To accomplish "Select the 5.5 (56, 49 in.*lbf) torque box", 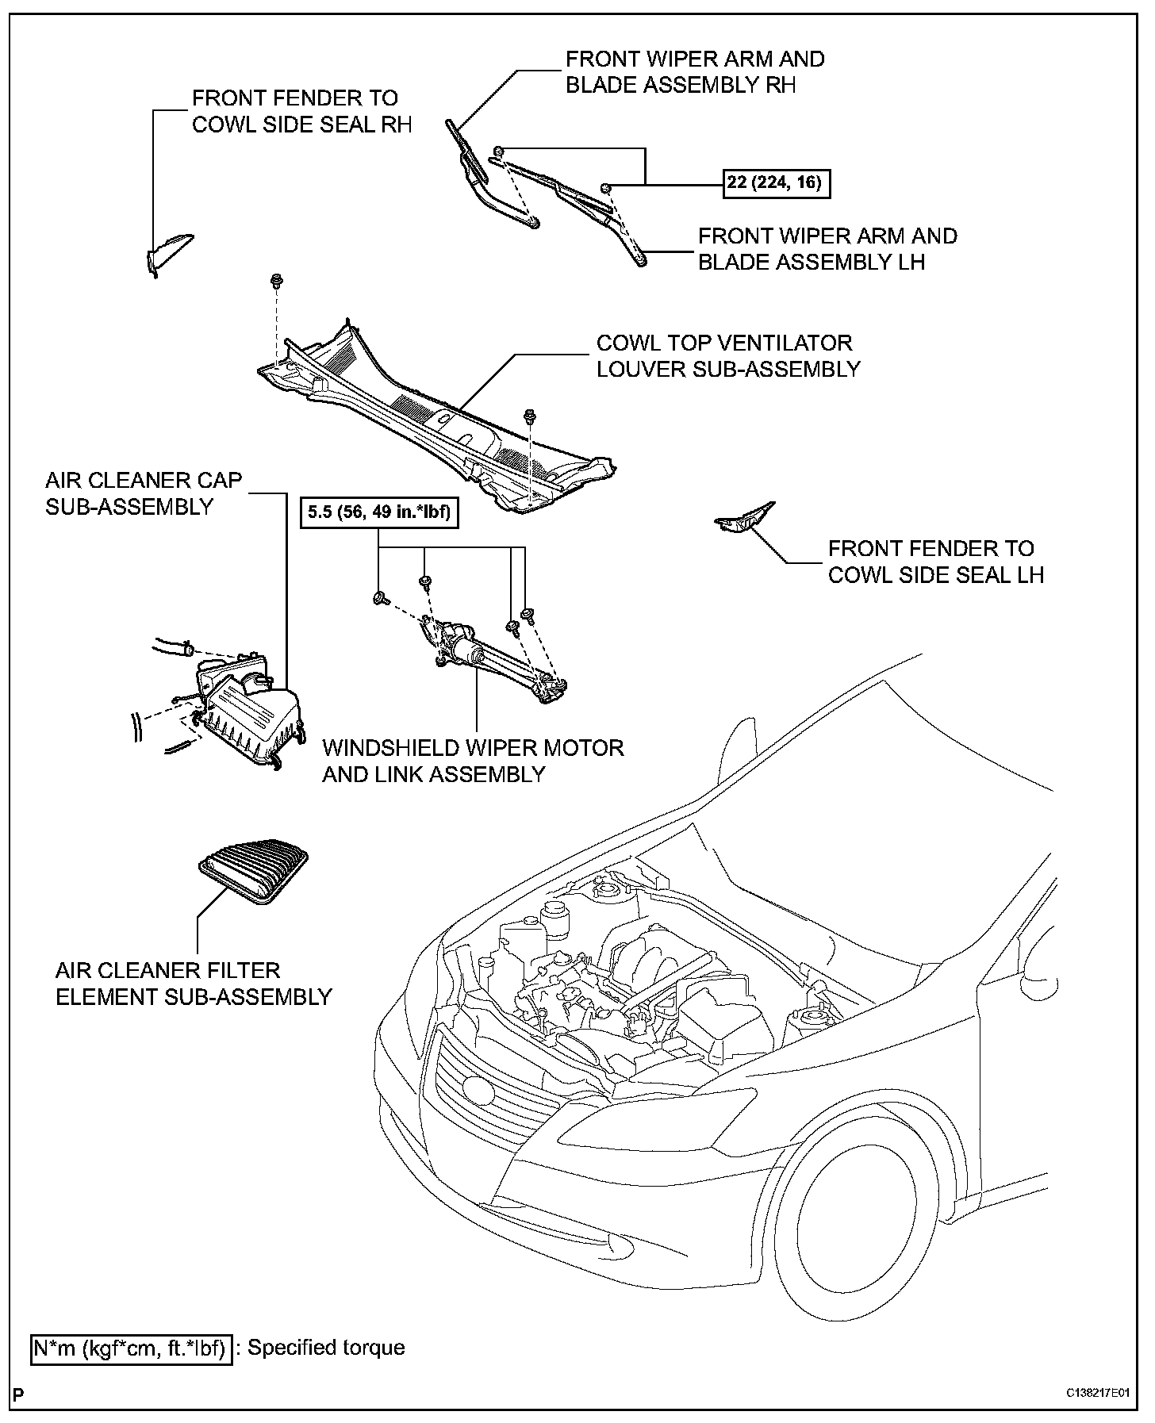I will pyautogui.click(x=378, y=512).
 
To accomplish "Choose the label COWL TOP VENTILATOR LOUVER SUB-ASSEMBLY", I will pyautogui.click(x=727, y=356).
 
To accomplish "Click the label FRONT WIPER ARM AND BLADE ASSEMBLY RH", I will pyautogui.click(x=695, y=72).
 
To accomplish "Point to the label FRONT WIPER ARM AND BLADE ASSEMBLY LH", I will pyautogui.click(x=827, y=249).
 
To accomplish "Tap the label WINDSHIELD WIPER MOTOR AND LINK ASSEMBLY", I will pyautogui.click(x=473, y=761).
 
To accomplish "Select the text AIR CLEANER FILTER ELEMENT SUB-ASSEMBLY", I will pyautogui.click(x=193, y=984).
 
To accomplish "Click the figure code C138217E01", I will pyautogui.click(x=1098, y=1393).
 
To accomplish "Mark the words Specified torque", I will pyautogui.click(x=326, y=1348).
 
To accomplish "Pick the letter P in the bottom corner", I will pyautogui.click(x=18, y=1394).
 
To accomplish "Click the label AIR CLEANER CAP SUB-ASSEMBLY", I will pyautogui.click(x=143, y=493).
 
